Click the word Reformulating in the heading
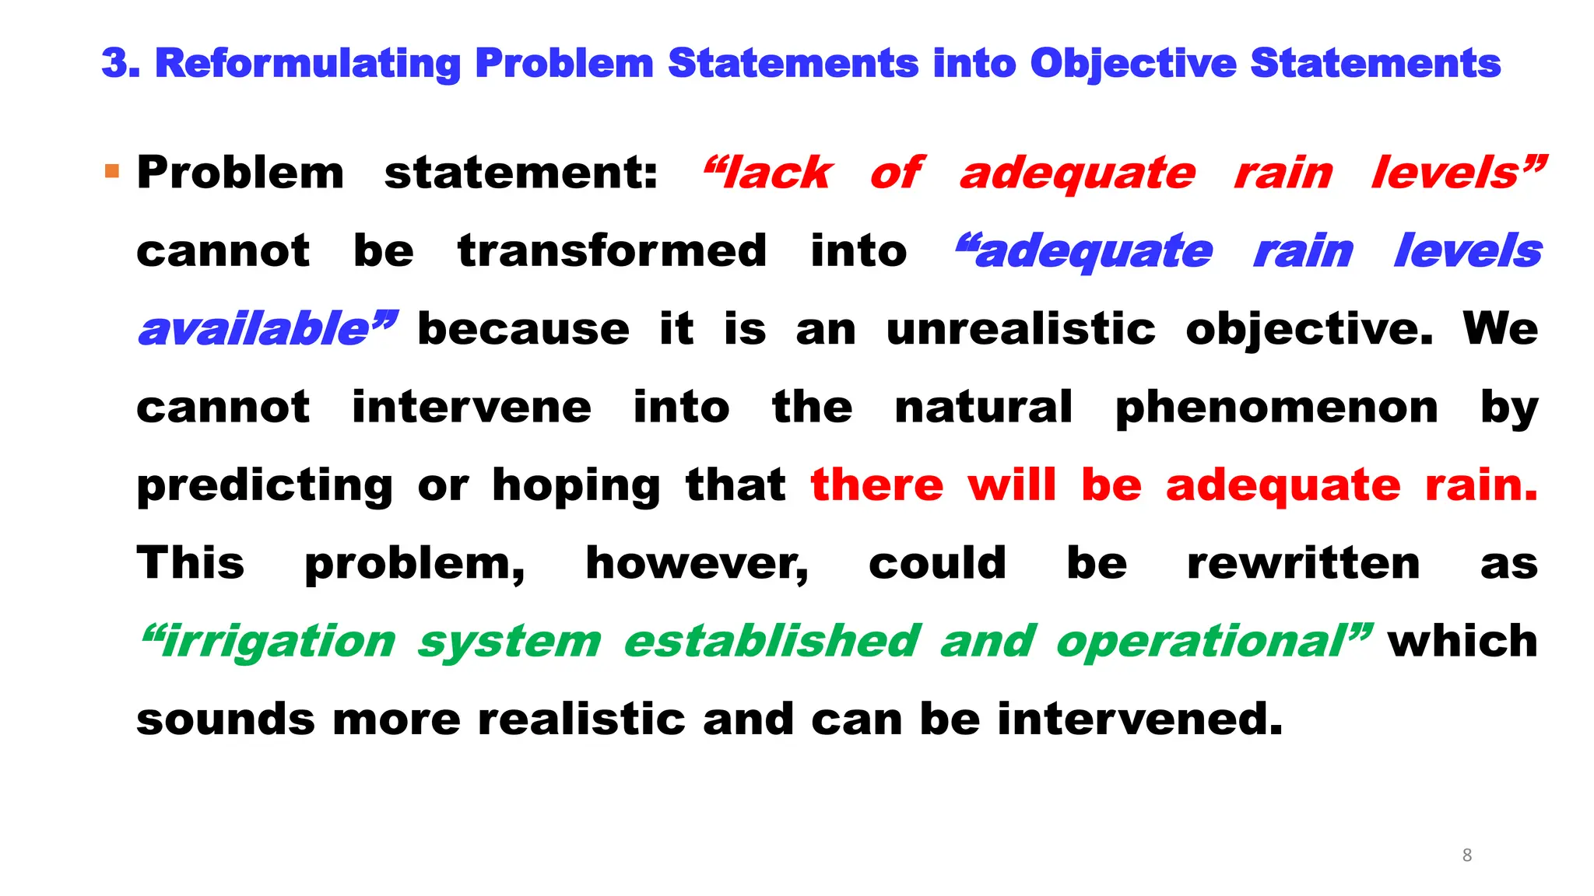(307, 63)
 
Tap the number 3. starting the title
(121, 63)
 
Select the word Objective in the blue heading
(1133, 63)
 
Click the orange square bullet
(112, 171)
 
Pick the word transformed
(613, 251)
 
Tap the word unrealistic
(1021, 329)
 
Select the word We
(1501, 329)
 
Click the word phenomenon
(1276, 408)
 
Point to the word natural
(984, 408)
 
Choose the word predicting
(265, 486)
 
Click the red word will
(1012, 485)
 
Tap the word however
(697, 564)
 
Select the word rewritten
(1304, 564)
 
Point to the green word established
(772, 642)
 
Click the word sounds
(226, 719)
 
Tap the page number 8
(1467, 856)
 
